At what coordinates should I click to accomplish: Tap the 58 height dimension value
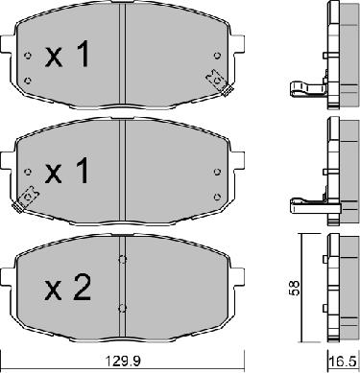(x=294, y=288)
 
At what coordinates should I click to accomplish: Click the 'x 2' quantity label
(x=68, y=287)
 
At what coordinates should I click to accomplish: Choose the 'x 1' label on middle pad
(x=67, y=171)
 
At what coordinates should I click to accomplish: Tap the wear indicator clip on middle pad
(x=27, y=198)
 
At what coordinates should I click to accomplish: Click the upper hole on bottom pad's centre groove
(x=122, y=260)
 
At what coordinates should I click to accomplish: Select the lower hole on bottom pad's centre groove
(x=122, y=308)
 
